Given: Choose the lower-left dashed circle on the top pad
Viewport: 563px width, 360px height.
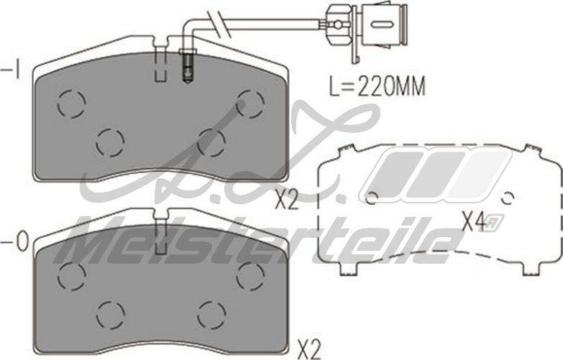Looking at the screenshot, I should [x=110, y=141].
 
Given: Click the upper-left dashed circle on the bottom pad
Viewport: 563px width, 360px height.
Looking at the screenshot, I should [x=71, y=274].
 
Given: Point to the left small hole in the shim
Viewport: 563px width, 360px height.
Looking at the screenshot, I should [x=372, y=198].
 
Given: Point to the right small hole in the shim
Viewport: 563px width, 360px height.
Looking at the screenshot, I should [x=507, y=198].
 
